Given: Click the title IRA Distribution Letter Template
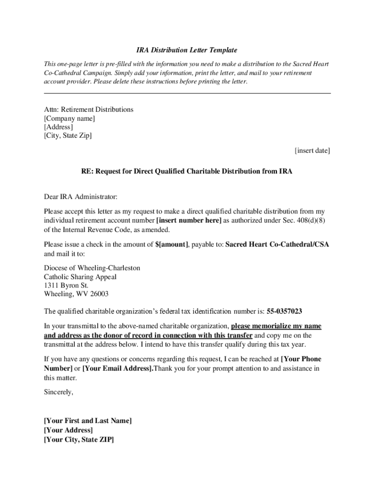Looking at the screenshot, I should tap(186, 50).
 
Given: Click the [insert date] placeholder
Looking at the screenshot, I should tap(312, 151).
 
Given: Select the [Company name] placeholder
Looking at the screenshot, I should tap(69, 118).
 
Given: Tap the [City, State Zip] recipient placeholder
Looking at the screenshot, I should tap(68, 136).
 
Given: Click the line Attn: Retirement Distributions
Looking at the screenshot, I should tap(88, 109).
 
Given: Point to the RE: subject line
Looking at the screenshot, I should tap(187, 172).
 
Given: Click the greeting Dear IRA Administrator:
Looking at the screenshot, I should tap(81, 197).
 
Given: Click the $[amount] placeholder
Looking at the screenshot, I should tap(172, 245).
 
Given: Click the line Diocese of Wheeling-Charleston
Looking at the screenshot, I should tap(92, 268).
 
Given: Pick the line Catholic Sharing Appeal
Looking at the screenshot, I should tap(80, 277).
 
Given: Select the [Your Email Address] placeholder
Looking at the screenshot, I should tap(118, 368).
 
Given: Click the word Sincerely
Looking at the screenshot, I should tap(58, 392).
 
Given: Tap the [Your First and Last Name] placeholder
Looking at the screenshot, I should tap(87, 421).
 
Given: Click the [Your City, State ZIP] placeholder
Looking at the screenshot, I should tap(79, 439).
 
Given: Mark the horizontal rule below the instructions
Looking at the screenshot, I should tap(187, 93).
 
